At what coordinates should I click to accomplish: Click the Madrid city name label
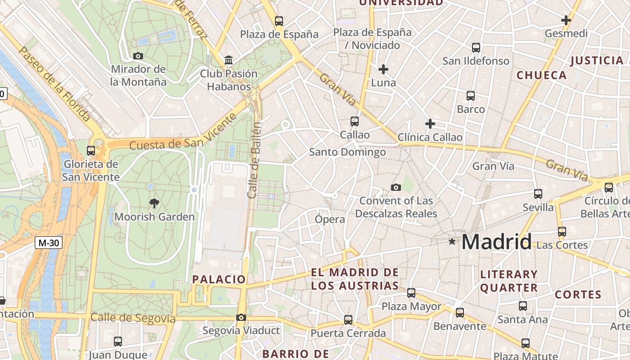[496, 242]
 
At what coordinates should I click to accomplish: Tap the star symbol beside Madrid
[452, 242]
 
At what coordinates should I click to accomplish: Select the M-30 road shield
[49, 243]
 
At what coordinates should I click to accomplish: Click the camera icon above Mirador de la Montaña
[138, 56]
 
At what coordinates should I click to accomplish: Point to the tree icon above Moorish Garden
[154, 203]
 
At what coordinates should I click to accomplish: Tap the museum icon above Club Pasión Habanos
[229, 60]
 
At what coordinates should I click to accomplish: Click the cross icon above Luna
[383, 69]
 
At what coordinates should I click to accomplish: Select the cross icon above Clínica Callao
[430, 123]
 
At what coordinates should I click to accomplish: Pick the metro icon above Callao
[355, 121]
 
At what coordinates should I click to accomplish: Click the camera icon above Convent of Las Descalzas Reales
[396, 187]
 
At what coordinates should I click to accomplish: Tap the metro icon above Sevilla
[538, 194]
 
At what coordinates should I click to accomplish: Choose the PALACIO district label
[219, 279]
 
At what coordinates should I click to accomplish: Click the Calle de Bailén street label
[255, 160]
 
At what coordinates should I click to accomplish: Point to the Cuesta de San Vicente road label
[183, 133]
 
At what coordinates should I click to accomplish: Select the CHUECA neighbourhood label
[542, 75]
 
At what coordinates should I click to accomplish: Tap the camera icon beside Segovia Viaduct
[241, 318]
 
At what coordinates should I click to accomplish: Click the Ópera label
[330, 219]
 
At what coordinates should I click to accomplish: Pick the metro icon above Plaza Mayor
[411, 293]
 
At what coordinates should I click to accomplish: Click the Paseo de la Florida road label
[55, 84]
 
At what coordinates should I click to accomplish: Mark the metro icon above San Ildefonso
[476, 47]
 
